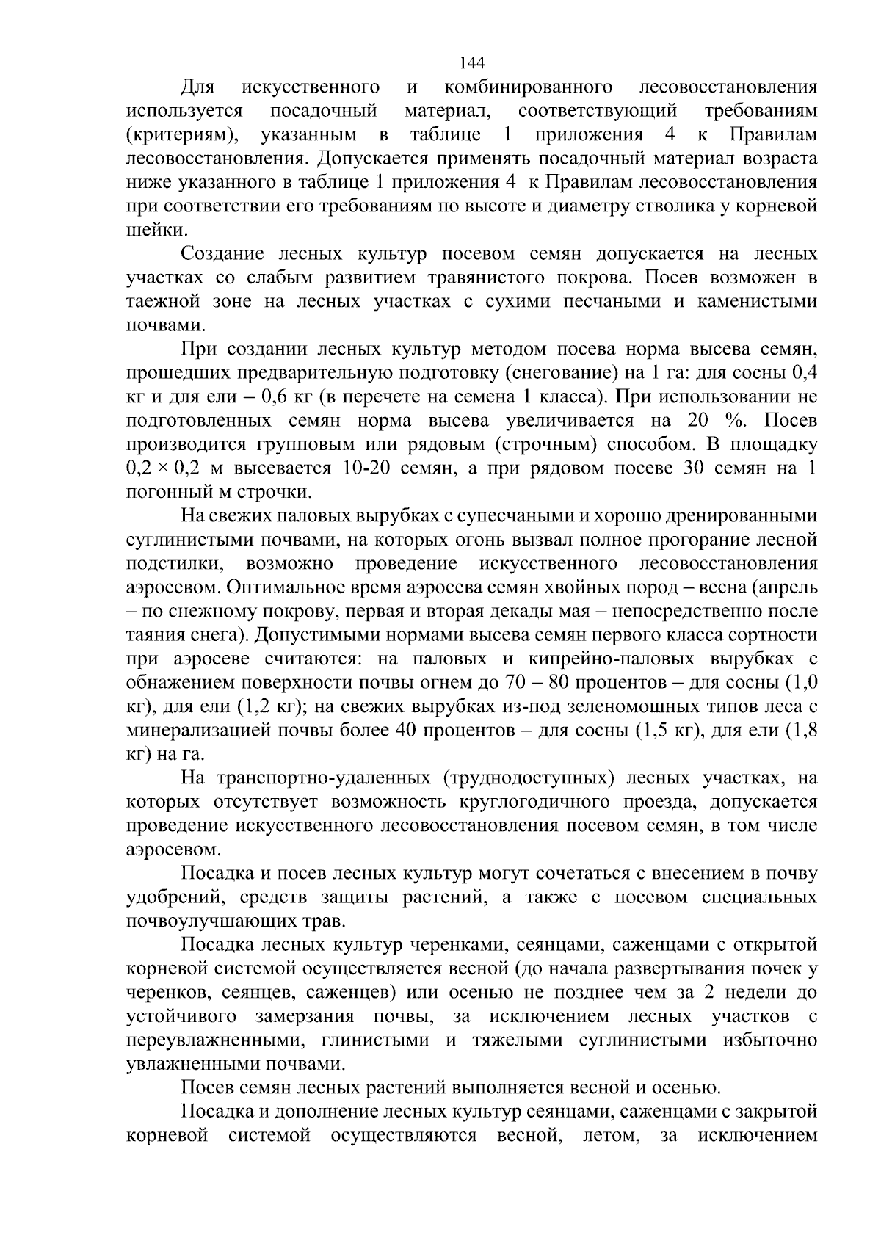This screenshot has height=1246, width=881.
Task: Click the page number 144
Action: [474, 62]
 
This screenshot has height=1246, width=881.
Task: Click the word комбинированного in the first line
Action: [529, 87]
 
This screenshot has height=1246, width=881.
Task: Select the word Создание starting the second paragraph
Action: [222, 254]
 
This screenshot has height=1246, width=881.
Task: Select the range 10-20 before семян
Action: [368, 468]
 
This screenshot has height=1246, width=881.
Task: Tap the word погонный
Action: [162, 492]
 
